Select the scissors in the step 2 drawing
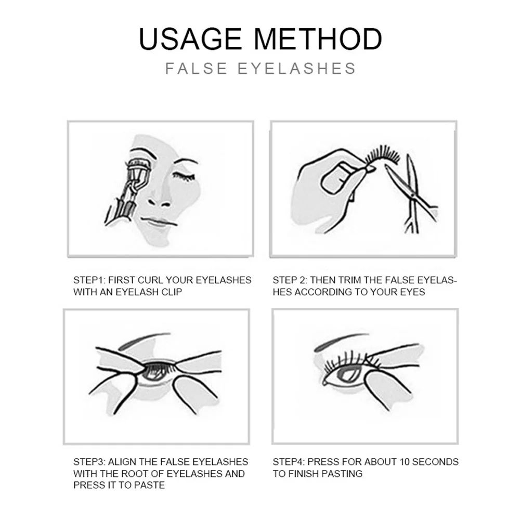[413, 192]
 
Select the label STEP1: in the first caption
[90, 280]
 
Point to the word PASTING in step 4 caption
[343, 474]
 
